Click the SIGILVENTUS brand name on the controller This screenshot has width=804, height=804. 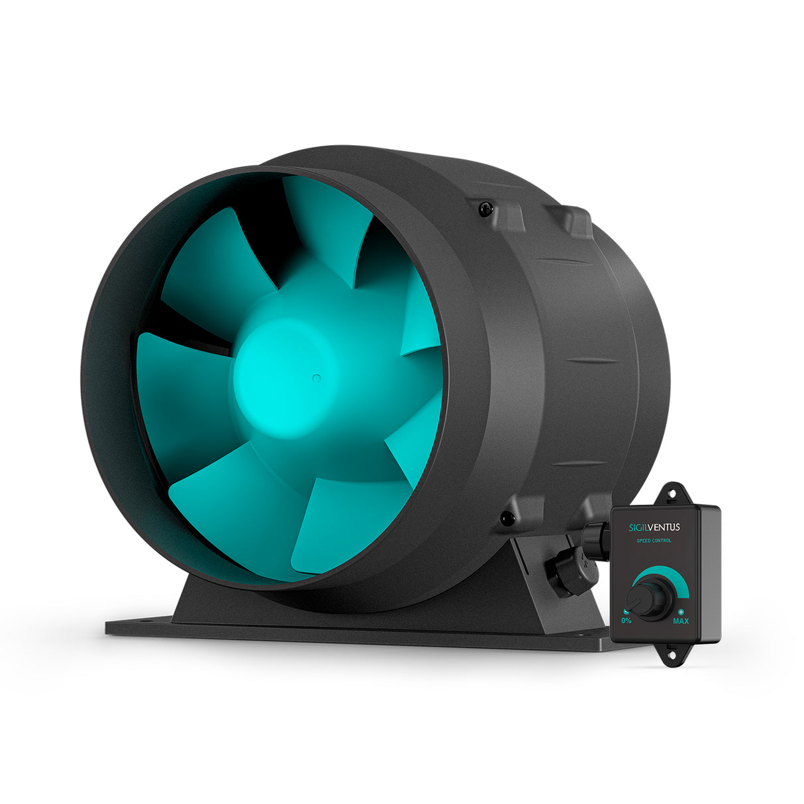(x=654, y=527)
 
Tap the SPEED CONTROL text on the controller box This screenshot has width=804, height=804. (x=654, y=540)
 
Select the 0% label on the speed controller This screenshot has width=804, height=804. (x=626, y=621)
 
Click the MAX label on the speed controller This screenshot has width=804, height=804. (x=681, y=621)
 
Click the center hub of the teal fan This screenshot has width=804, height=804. (x=285, y=374)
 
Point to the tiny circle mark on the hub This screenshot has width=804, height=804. (x=317, y=378)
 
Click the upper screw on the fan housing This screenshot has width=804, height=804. (x=486, y=209)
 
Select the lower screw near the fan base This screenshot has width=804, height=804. (x=507, y=519)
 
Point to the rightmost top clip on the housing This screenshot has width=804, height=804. (x=571, y=221)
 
